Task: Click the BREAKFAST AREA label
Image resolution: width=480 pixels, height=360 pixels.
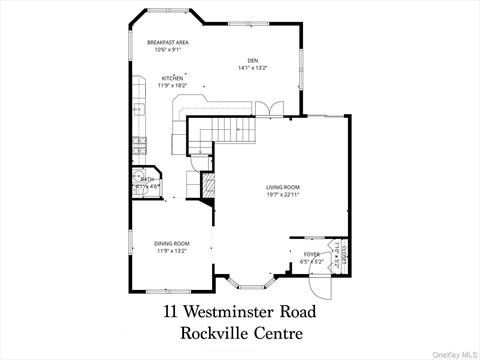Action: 167,42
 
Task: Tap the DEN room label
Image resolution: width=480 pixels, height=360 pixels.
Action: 253,60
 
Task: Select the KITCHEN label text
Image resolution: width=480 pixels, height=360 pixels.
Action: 173,77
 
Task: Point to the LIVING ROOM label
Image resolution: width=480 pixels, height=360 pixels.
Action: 283,187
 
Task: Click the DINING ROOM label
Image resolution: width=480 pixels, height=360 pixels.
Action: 171,243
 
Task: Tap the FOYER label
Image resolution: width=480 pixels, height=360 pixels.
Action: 311,254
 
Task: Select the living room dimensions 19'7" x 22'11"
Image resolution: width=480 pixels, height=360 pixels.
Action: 283,196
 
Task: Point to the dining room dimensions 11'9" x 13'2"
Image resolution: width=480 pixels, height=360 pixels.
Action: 171,252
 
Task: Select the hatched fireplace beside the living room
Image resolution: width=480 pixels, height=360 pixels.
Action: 208,187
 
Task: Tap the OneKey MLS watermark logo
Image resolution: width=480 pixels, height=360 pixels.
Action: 455,352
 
